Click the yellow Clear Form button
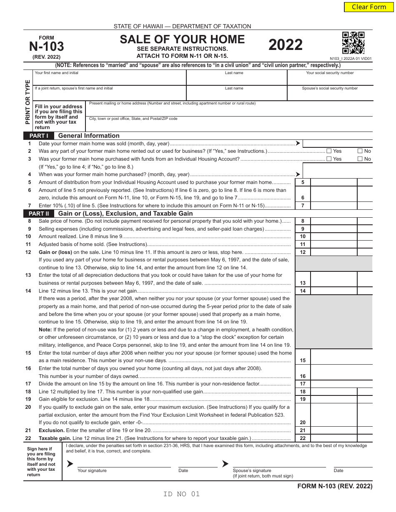[x=369, y=7]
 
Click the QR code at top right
[x=353, y=43]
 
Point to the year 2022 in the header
[x=286, y=45]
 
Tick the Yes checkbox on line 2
[x=329, y=151]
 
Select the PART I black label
[x=39, y=136]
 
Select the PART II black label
[x=39, y=214]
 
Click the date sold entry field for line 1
[x=337, y=144]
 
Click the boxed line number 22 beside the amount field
[x=303, y=438]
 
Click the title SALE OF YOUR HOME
[x=182, y=39]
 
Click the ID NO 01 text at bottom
[x=182, y=494]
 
